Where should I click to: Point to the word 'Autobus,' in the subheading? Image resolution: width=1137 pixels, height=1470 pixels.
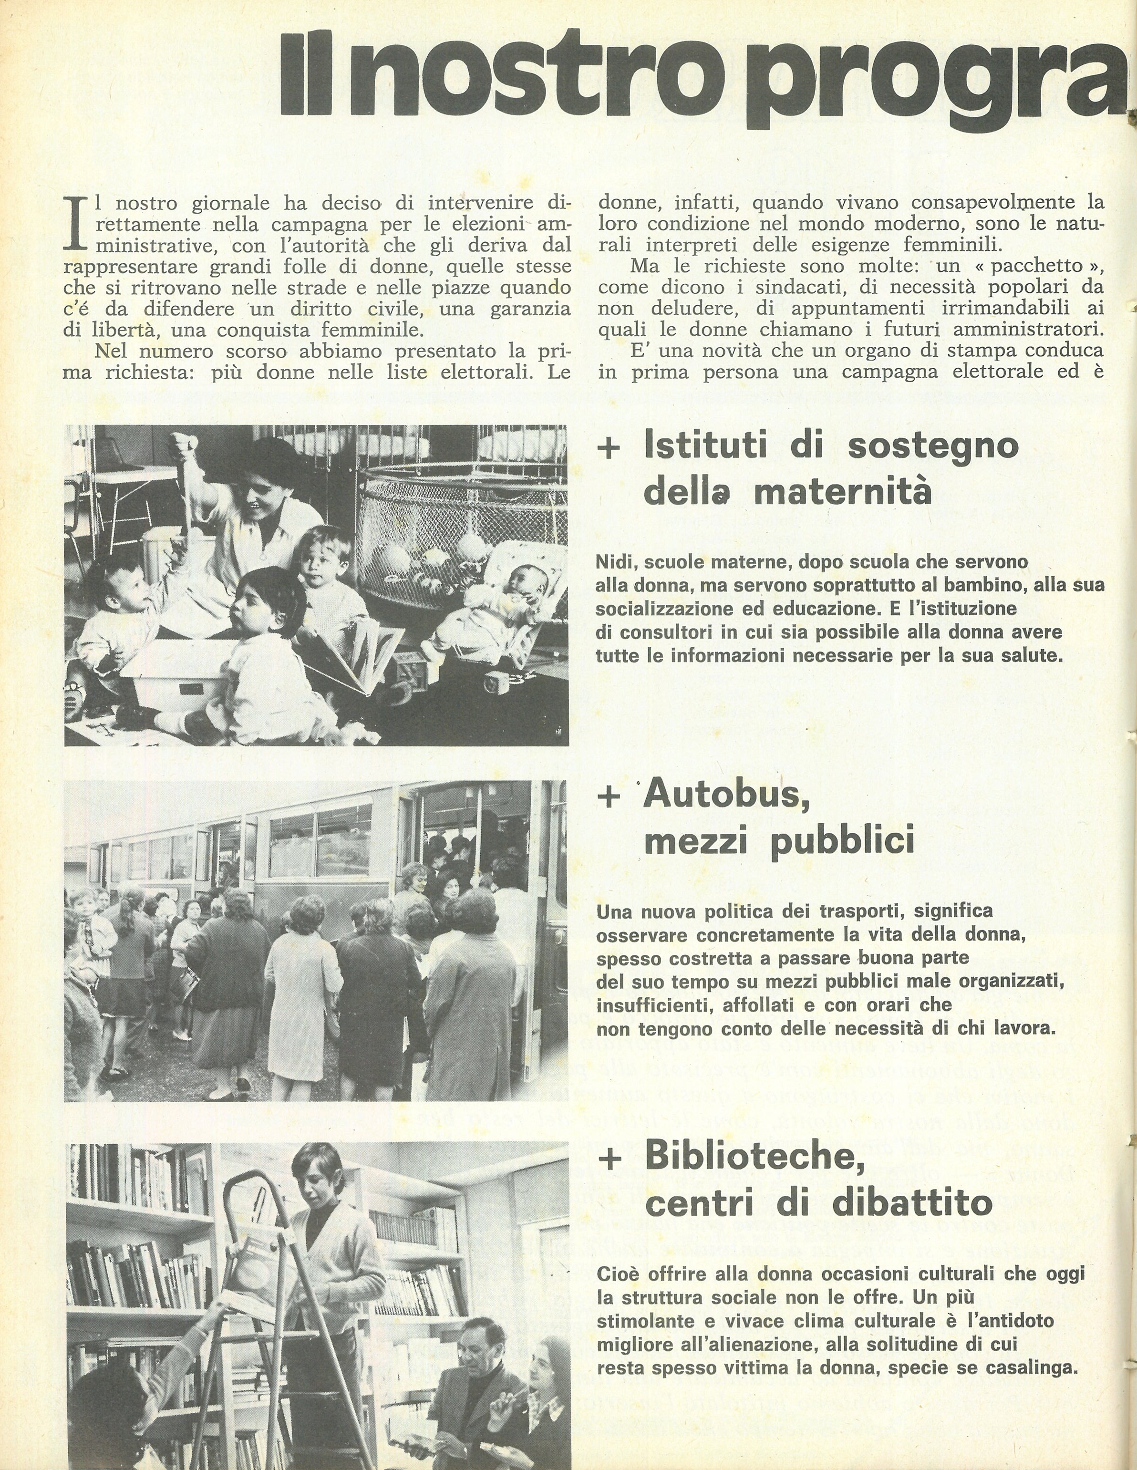click(726, 796)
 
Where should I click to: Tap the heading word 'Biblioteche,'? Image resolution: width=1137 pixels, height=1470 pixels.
click(754, 1156)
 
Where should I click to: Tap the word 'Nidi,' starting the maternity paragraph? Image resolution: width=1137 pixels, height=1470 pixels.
click(615, 562)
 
